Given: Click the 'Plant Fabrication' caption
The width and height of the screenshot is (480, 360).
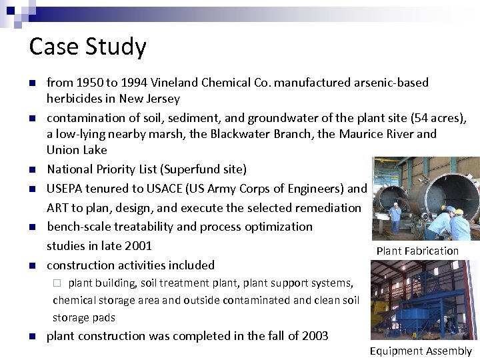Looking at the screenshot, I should coord(417,251).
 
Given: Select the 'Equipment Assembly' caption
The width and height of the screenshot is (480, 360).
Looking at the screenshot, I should coord(421,351).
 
